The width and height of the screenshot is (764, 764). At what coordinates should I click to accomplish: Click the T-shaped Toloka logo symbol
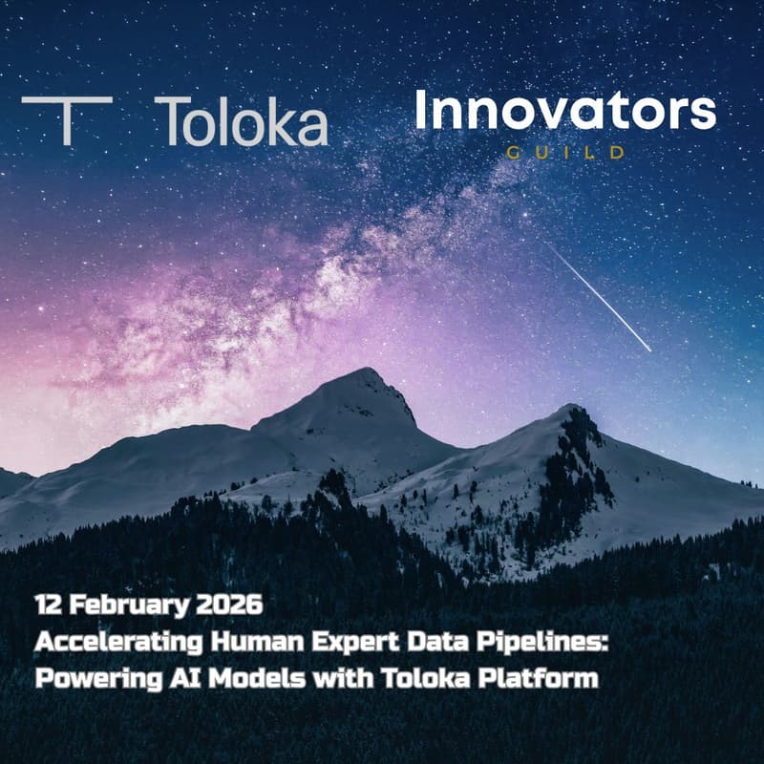pyautogui.click(x=66, y=118)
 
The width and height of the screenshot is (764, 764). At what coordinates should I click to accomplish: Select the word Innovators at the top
pyautogui.click(x=564, y=112)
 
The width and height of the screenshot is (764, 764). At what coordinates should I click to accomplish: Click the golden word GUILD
pyautogui.click(x=566, y=152)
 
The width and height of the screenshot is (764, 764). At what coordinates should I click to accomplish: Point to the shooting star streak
pyautogui.click(x=601, y=295)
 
